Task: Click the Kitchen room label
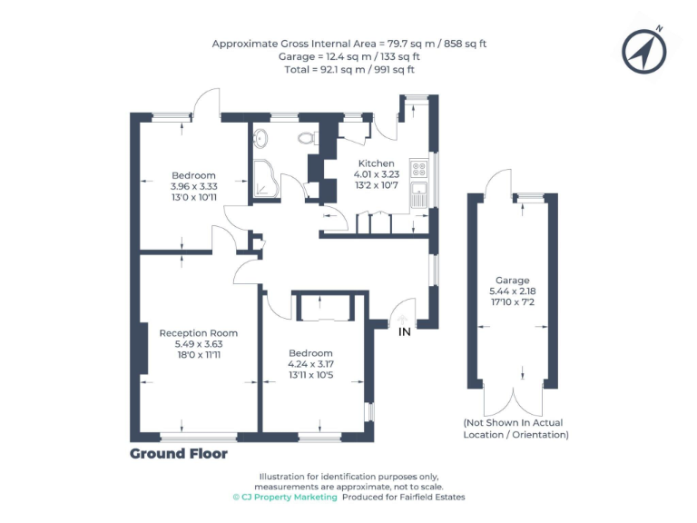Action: point(376,163)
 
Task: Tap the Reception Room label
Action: point(199,333)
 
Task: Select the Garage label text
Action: point(512,281)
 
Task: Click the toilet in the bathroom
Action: point(306,138)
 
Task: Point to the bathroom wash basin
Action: point(260,139)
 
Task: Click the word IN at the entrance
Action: point(405,332)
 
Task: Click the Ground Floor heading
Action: point(179,453)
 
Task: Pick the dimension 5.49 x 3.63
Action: point(199,345)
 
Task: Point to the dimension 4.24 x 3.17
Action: point(310,364)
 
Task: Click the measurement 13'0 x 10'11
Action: point(194,197)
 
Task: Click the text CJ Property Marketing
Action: point(285,498)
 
